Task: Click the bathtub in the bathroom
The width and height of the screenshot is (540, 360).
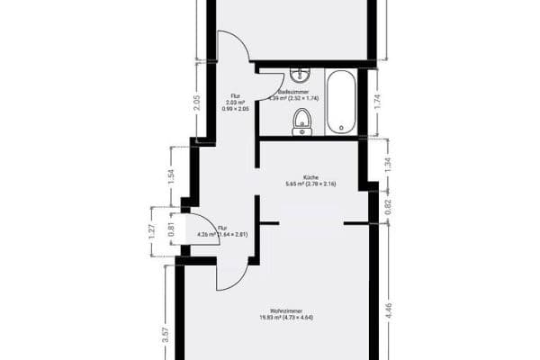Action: pyautogui.click(x=341, y=102)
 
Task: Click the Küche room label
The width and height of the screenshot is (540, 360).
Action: pyautogui.click(x=310, y=177)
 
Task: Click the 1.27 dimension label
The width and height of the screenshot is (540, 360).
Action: pyautogui.click(x=152, y=231)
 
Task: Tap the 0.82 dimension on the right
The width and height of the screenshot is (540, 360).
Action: pyautogui.click(x=388, y=203)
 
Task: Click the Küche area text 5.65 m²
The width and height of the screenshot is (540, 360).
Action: pyautogui.click(x=310, y=184)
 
